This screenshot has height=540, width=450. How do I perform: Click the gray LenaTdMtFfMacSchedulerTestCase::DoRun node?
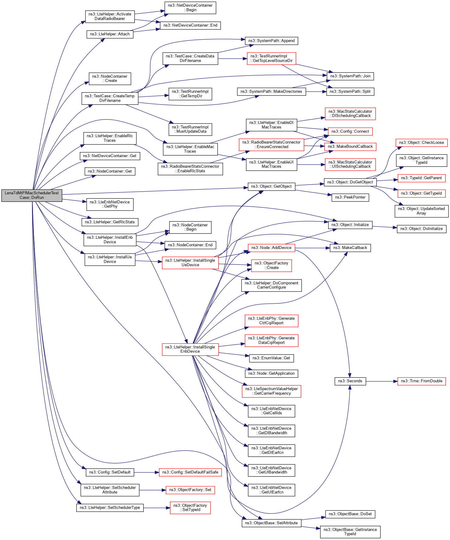(32, 195)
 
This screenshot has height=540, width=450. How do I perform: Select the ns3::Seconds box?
(350, 381)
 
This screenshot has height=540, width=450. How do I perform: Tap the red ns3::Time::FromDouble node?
(421, 381)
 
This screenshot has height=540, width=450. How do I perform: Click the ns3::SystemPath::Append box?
(271, 41)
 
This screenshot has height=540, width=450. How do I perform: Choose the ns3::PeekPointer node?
(350, 197)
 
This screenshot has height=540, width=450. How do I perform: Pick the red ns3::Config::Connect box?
(350, 131)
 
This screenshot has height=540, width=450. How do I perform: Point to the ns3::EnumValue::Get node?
(271, 358)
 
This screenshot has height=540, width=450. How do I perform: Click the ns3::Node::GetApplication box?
(271, 373)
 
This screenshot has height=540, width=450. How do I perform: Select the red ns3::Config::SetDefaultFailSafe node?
(190, 472)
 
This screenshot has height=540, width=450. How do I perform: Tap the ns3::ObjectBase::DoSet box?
(350, 514)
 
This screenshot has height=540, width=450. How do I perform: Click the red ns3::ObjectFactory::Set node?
(190, 490)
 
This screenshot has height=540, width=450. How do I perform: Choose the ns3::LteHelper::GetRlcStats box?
(110, 222)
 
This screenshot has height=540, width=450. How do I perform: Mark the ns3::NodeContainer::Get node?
(110, 171)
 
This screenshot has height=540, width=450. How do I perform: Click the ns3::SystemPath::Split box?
(350, 92)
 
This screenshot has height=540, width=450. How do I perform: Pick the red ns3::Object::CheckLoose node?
(421, 143)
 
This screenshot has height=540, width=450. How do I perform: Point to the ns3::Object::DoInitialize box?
(421, 229)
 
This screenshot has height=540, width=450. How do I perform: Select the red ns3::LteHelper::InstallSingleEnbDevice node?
(190, 349)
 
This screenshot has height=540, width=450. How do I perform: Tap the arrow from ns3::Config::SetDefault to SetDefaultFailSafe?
(147, 472)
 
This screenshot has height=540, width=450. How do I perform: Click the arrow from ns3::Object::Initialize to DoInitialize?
(384, 227)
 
